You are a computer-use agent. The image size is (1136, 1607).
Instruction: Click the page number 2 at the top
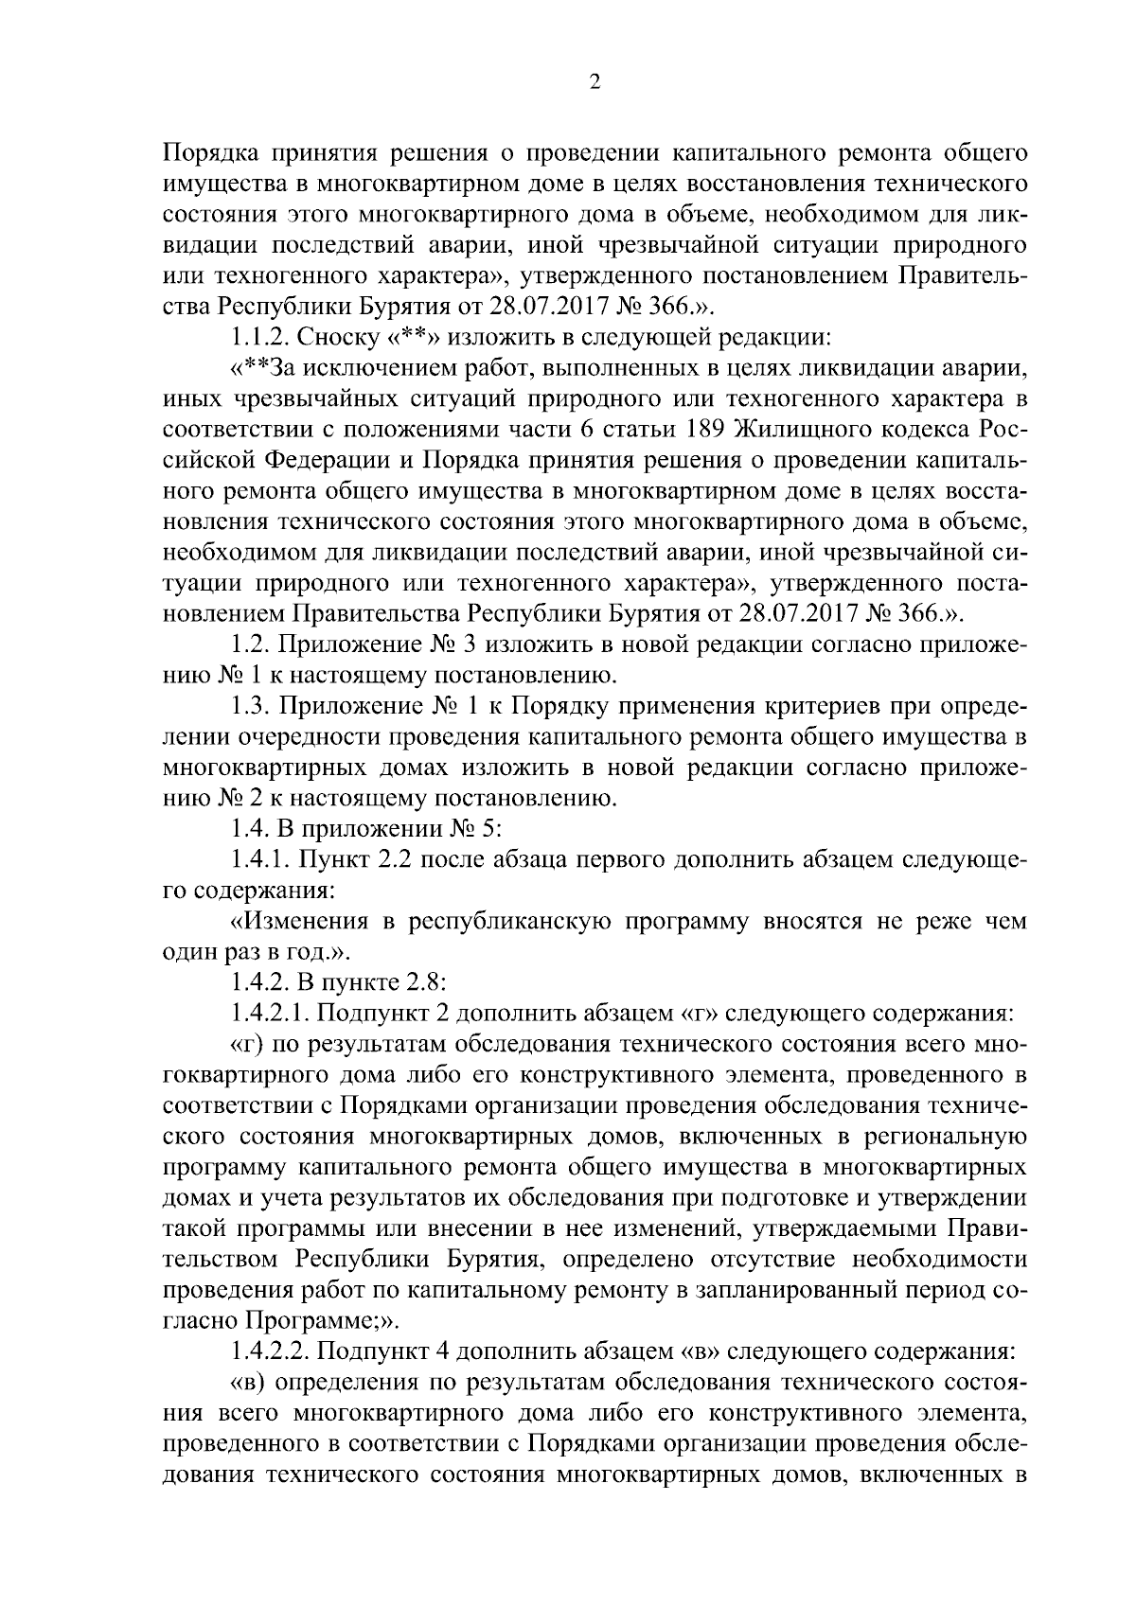tap(594, 82)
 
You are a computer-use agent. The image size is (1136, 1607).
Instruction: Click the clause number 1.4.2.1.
tap(271, 1014)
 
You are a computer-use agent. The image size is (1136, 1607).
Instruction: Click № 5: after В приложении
tap(478, 829)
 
